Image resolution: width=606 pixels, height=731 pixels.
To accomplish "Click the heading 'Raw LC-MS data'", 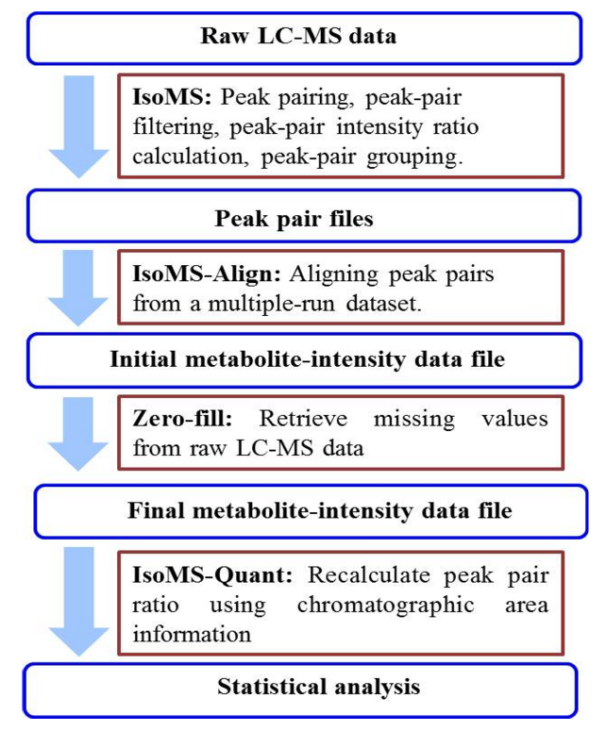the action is [x=298, y=37].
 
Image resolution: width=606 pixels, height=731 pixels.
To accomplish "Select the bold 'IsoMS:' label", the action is [x=172, y=97].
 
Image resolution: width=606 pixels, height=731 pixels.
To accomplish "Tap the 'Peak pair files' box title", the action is [x=294, y=219].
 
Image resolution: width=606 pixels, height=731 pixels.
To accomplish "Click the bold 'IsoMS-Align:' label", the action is [x=207, y=274].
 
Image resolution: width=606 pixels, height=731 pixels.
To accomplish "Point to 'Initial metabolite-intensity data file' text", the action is [x=308, y=359].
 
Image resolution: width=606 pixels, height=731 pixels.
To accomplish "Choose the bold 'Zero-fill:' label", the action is [x=182, y=418].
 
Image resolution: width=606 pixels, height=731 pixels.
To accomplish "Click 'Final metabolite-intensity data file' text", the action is [x=320, y=510].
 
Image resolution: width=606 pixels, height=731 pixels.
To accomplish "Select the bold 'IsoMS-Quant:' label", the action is [x=212, y=574].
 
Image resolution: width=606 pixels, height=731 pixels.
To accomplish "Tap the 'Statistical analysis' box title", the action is [x=319, y=687].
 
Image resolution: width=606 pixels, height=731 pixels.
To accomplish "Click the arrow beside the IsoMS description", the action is [x=78, y=126].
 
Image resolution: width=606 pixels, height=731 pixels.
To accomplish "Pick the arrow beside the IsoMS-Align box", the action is [x=78, y=288].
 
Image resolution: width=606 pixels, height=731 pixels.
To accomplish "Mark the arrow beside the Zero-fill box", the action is [x=78, y=434].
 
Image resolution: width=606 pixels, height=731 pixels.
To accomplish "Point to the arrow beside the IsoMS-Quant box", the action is [x=78, y=602].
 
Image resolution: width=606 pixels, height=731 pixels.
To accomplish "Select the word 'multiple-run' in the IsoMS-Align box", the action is [x=272, y=304].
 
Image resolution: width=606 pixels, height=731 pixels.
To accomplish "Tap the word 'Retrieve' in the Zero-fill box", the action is [x=303, y=418].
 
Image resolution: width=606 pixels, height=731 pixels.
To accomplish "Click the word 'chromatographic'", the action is [x=385, y=606].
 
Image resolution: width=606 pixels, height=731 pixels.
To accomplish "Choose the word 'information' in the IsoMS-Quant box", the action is [x=192, y=635].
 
